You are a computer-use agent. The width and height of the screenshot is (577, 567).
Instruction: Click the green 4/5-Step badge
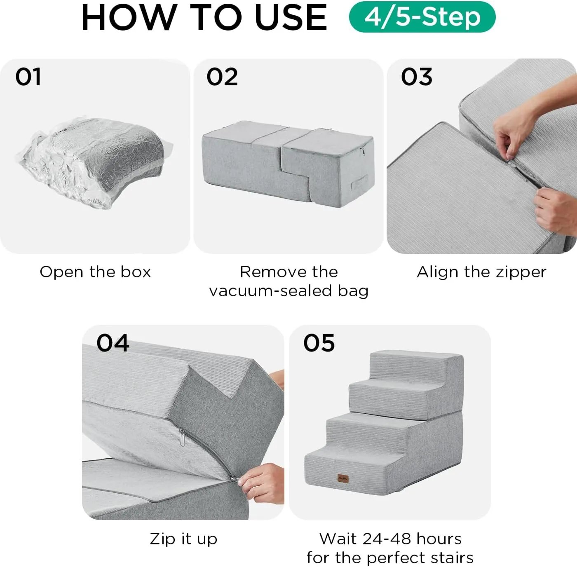(x=422, y=17)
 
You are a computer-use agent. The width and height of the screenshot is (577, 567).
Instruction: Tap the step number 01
(x=28, y=77)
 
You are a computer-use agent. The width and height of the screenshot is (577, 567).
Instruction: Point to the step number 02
(x=222, y=77)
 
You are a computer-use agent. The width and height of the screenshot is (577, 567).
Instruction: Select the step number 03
(x=417, y=77)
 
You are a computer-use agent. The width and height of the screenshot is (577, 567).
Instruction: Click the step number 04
(x=113, y=343)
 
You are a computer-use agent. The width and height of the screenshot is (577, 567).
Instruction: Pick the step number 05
(x=319, y=343)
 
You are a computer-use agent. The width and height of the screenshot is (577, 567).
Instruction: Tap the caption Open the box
(x=95, y=272)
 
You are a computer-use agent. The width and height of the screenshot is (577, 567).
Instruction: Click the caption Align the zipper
(x=481, y=272)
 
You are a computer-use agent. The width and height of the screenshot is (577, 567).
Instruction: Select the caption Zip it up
(x=183, y=539)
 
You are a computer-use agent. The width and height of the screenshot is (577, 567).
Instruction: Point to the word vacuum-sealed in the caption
(x=271, y=291)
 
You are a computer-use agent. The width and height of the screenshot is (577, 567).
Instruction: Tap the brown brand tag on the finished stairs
(x=343, y=478)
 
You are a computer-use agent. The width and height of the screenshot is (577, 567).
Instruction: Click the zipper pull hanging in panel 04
(x=182, y=438)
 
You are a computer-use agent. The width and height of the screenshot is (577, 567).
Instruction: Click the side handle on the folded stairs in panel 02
(x=359, y=182)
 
